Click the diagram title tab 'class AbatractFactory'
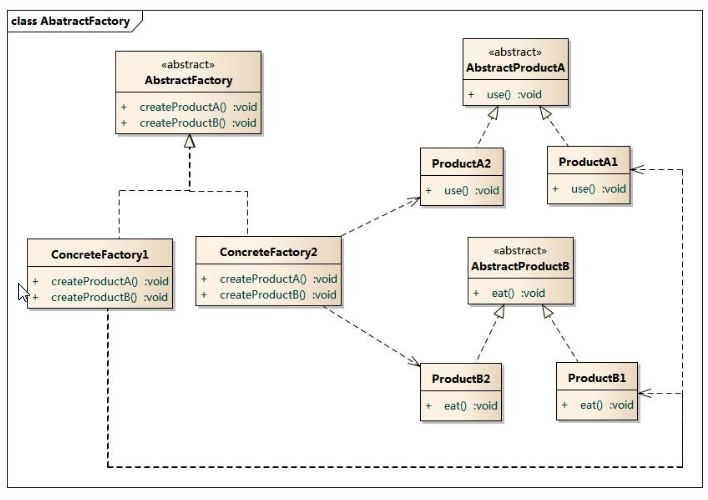pos(70,21)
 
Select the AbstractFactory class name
pos(188,80)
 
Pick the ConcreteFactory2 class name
pos(267,251)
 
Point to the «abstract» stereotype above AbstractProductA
pos(515,52)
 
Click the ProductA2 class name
pos(461,162)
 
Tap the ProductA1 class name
pos(588,162)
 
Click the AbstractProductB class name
pos(520,267)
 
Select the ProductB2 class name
pos(460,379)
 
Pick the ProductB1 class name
pos(596,378)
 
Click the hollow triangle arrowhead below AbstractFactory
pos(190,142)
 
